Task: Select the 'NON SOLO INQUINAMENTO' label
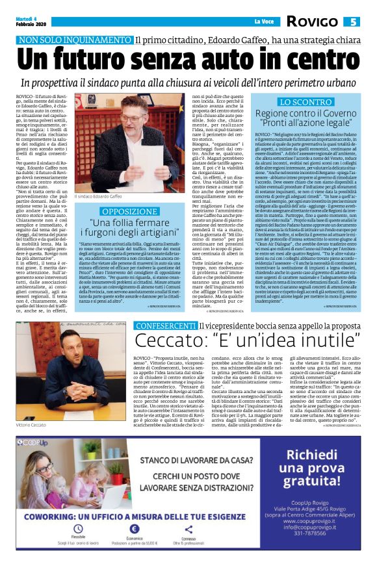(84, 40)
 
